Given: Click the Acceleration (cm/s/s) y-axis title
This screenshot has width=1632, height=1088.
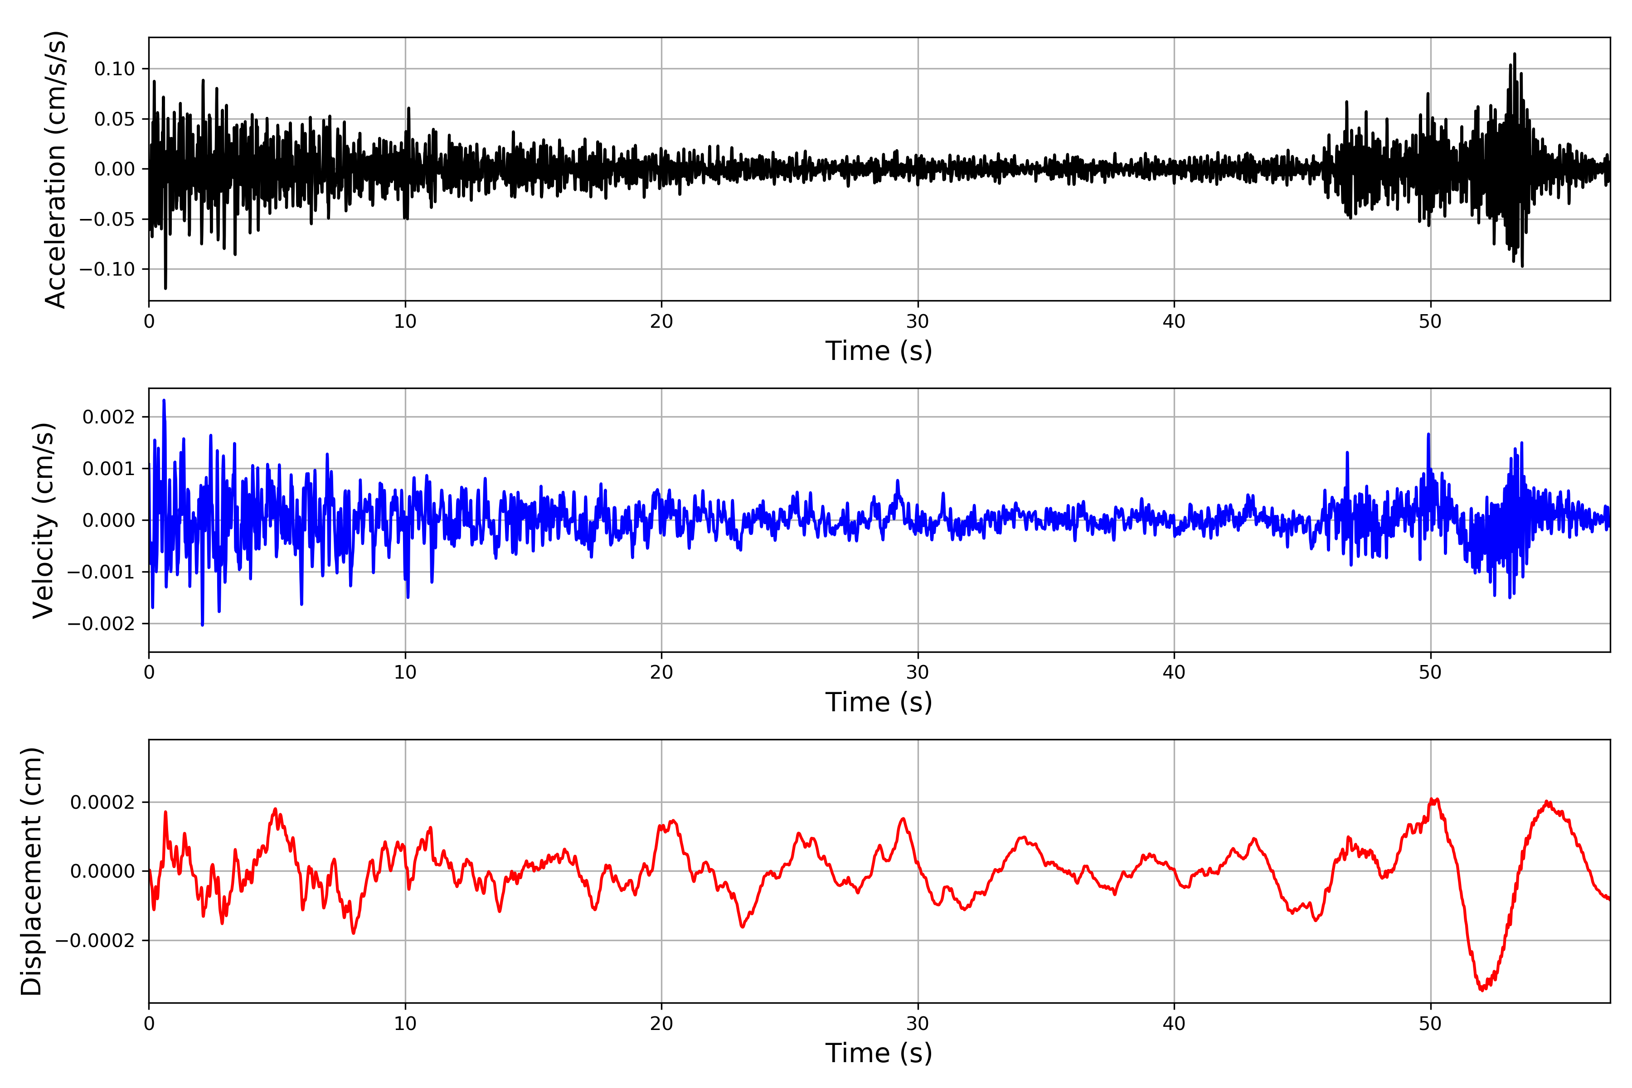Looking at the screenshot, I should click(55, 169).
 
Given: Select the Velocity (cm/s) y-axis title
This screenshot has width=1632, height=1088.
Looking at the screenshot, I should click(43, 520).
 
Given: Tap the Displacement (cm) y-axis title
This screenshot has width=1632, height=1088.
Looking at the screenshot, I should click(31, 871).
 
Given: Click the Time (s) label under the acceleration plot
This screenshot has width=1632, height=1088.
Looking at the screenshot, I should click(879, 351).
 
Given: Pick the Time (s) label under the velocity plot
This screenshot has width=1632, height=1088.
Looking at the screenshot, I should click(879, 702).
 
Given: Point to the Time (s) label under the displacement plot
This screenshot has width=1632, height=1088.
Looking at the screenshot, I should click(879, 1053).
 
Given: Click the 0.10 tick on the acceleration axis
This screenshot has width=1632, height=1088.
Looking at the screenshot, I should click(115, 69).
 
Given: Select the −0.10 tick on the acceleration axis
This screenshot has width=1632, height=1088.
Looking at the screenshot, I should click(107, 269).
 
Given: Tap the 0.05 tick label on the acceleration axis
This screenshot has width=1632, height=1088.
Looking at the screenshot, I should click(115, 119).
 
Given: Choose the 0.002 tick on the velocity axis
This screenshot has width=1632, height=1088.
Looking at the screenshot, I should click(108, 417).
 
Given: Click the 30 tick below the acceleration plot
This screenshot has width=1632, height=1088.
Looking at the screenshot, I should click(917, 322).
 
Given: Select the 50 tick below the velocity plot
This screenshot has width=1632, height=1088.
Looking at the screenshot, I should click(1430, 672).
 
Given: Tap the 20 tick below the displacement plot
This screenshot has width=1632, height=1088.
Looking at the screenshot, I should click(661, 1024).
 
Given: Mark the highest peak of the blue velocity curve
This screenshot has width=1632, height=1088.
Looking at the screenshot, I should click(164, 400).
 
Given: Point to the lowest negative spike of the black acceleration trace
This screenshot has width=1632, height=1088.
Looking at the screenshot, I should click(165, 288).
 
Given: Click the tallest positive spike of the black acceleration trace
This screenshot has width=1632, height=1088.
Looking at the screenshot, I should click(1514, 53).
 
